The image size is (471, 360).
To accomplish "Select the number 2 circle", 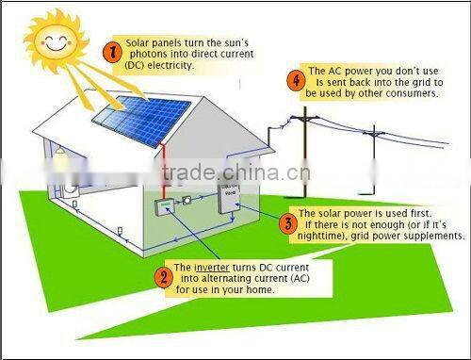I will [x=164, y=276].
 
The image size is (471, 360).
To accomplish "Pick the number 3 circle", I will [x=287, y=223].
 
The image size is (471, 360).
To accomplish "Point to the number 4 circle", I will [x=298, y=82].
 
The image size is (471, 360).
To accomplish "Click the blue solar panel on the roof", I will [x=138, y=112].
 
